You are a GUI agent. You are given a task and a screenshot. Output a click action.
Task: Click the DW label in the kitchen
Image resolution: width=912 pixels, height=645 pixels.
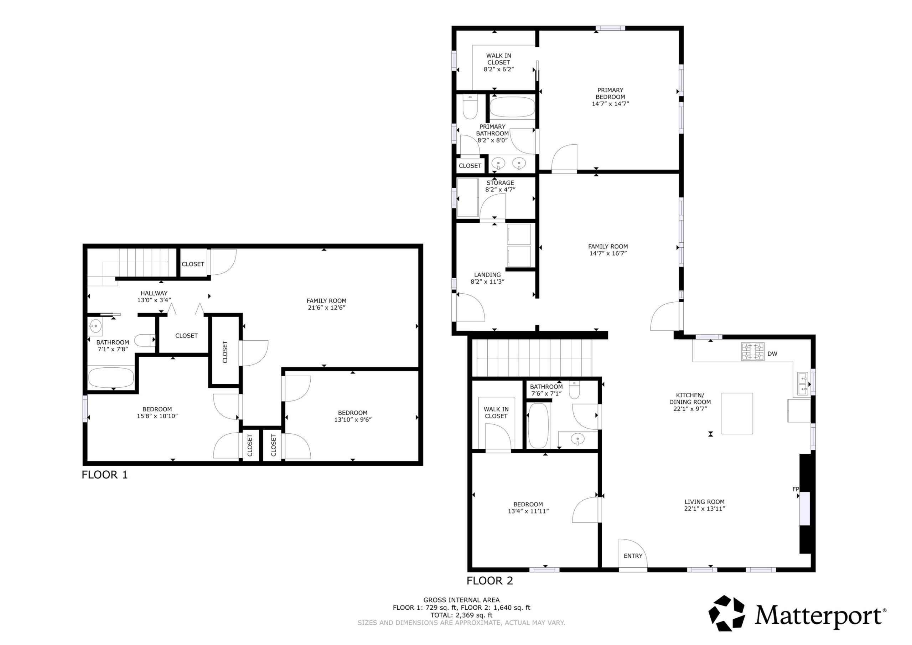click(772, 354)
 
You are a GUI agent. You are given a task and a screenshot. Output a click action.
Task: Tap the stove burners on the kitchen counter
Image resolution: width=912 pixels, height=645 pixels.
click(753, 351)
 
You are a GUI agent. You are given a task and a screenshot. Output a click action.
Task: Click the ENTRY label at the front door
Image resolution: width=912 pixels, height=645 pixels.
click(633, 556)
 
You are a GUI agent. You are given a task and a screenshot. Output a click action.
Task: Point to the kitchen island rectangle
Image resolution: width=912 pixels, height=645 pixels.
click(737, 413)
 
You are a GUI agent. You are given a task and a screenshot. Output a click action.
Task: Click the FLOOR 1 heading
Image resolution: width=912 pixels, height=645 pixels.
click(105, 475)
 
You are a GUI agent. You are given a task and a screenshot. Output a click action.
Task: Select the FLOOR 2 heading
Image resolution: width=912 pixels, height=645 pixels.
click(490, 580)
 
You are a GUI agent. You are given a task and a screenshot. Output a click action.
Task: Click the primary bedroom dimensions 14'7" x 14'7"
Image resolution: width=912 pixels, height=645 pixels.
click(610, 104)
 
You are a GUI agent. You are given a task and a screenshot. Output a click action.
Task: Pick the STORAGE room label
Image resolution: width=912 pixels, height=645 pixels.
click(500, 183)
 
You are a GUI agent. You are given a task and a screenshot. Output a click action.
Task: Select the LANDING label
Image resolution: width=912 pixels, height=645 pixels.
click(487, 275)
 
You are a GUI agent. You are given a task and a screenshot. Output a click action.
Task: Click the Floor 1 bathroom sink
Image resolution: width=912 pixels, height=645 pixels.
click(95, 327)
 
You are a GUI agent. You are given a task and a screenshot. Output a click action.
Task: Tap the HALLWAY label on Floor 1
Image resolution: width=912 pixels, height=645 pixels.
click(154, 293)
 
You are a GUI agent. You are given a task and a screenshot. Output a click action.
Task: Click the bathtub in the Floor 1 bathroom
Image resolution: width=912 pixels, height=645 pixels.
click(111, 377)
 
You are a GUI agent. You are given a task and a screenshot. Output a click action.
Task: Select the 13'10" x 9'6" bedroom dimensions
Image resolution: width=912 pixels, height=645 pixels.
click(353, 419)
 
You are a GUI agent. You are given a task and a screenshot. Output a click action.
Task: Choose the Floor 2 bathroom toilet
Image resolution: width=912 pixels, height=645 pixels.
click(574, 389)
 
